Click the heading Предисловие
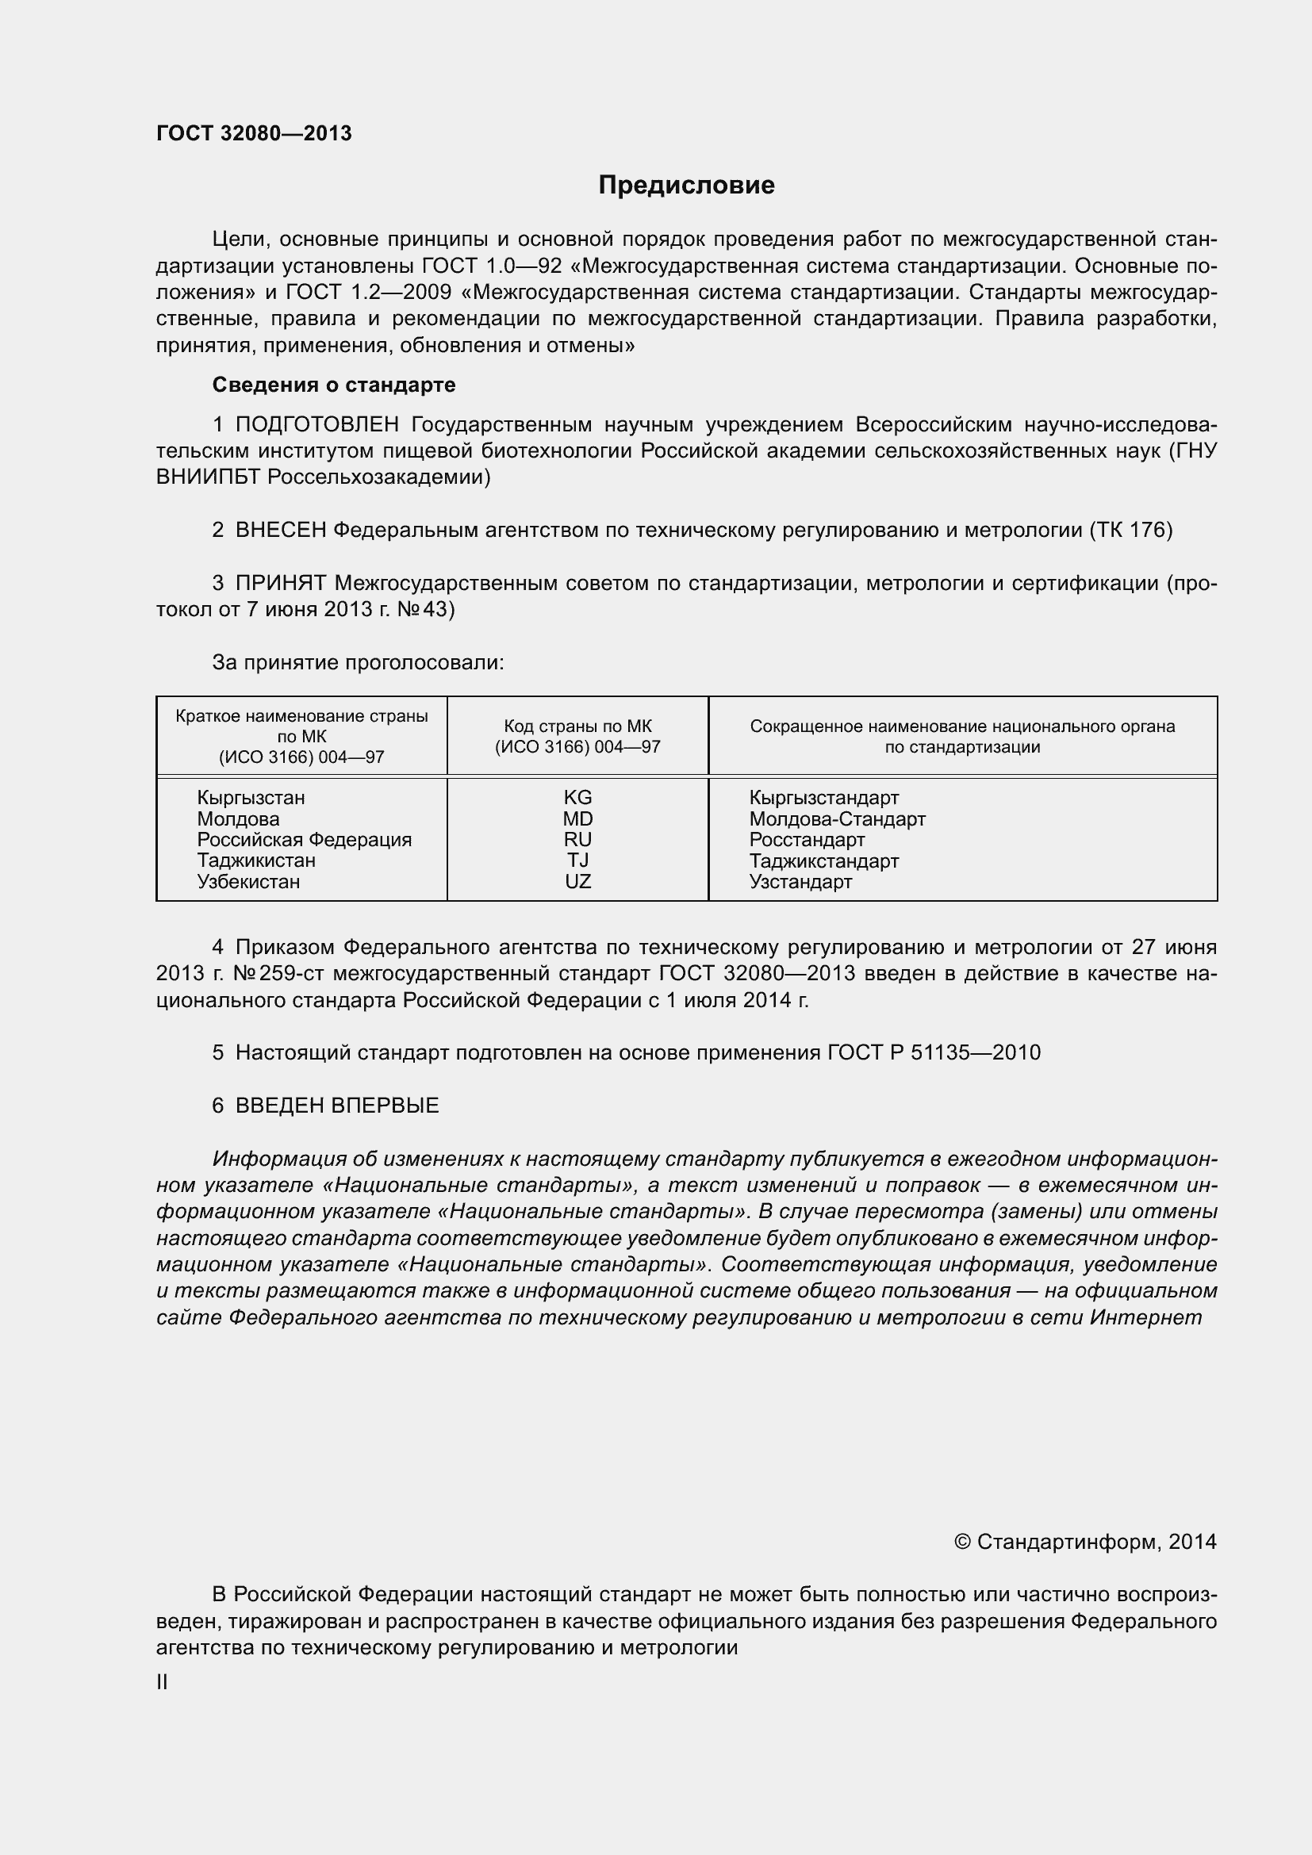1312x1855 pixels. (686, 185)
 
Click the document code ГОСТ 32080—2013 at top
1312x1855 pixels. (254, 133)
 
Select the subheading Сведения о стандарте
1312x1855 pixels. (334, 385)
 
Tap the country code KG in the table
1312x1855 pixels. (577, 797)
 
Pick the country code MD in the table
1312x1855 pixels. (577, 818)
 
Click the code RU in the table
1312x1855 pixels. (577, 839)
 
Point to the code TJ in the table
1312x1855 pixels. (577, 860)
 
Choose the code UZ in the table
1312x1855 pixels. (577, 881)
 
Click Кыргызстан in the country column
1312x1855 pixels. (251, 797)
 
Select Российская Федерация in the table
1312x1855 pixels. (304, 839)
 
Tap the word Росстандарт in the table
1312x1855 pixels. (806, 839)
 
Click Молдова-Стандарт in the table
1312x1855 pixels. (837, 818)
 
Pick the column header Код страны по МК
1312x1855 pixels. (577, 726)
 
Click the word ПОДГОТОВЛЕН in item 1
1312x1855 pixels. (316, 424)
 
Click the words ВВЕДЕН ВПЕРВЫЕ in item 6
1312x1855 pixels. (337, 1106)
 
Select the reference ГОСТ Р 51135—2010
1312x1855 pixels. (934, 1052)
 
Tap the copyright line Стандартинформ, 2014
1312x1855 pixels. (1085, 1542)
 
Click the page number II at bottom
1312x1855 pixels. (162, 1683)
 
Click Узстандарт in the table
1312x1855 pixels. (800, 881)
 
